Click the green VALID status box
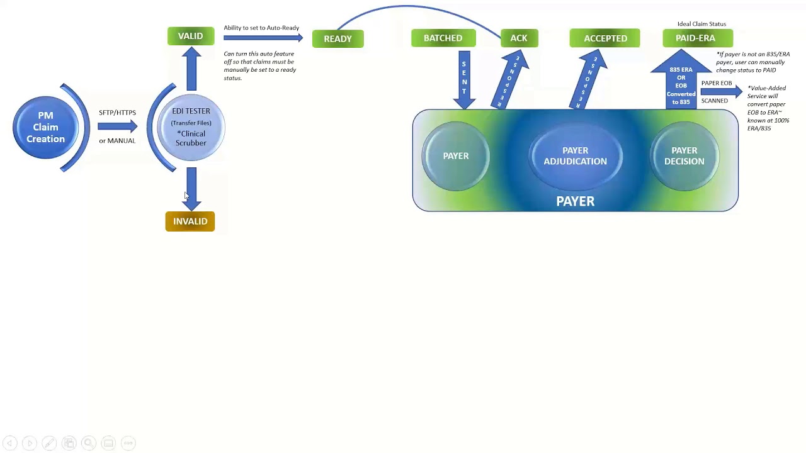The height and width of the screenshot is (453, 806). [x=190, y=36]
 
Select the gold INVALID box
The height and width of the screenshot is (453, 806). [x=190, y=221]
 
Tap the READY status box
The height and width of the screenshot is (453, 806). [x=338, y=39]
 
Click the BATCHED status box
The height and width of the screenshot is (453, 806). [x=443, y=38]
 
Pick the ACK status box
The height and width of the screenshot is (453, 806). [x=519, y=38]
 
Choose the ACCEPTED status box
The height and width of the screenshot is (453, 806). [x=605, y=38]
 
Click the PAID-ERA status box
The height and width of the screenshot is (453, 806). [x=695, y=38]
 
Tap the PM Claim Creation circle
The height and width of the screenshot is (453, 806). [x=45, y=127]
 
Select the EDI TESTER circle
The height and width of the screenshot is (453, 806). [x=191, y=127]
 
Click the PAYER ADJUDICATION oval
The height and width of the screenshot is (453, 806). [x=575, y=156]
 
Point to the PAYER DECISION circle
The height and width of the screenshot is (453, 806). [x=684, y=156]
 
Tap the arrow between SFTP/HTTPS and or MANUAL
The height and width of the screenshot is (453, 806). [x=118, y=126]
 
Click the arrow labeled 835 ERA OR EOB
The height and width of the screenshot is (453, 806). [x=681, y=82]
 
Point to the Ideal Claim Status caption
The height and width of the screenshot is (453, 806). [x=701, y=24]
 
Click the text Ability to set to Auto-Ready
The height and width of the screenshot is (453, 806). [x=261, y=28]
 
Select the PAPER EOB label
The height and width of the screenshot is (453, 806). [x=717, y=83]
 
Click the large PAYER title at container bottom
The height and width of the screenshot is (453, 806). [x=575, y=201]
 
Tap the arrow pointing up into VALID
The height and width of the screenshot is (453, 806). [x=191, y=69]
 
